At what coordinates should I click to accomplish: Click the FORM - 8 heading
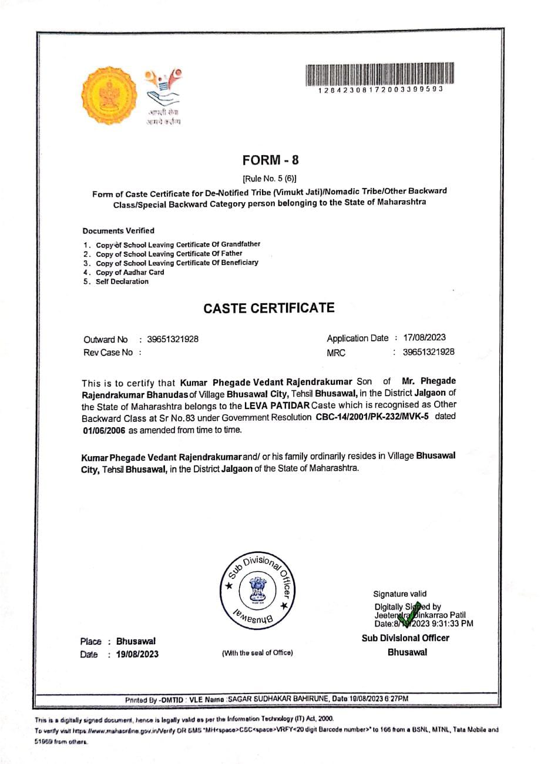click(x=270, y=160)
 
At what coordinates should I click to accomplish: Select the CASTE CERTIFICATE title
click(x=269, y=308)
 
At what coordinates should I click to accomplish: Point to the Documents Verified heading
click(x=119, y=231)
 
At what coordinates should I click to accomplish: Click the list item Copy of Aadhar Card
click(x=130, y=272)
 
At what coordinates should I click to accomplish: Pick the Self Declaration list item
click(x=122, y=282)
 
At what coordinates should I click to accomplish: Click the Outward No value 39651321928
click(x=173, y=339)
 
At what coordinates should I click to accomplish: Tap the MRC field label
click(x=336, y=353)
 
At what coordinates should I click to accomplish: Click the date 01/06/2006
click(x=103, y=430)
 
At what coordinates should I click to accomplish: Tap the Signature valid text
click(x=400, y=594)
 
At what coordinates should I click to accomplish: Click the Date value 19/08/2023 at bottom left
click(x=137, y=654)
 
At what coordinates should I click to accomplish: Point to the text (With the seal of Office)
click(x=257, y=653)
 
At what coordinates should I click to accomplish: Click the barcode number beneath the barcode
click(x=379, y=90)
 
